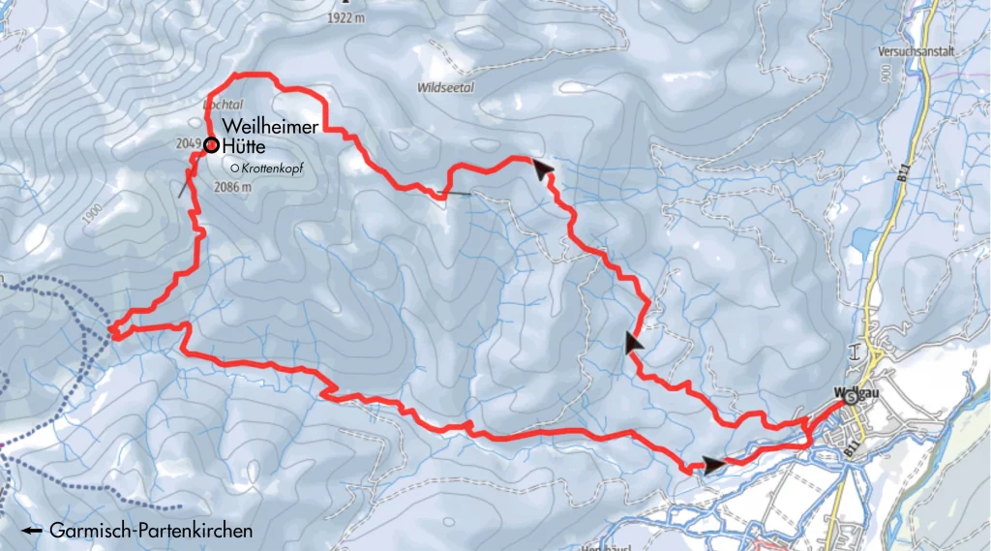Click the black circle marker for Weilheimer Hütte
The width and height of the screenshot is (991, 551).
tap(210, 144)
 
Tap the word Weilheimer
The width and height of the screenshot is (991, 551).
tap(271, 127)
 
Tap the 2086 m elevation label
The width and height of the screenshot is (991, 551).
tap(232, 187)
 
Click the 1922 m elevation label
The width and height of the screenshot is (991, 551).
tap(346, 16)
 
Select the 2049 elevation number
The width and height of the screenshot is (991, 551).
tap(189, 144)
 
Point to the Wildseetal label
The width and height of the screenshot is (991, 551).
tap(443, 86)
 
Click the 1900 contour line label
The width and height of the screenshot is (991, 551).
tap(92, 214)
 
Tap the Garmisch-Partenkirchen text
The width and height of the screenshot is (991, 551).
tap(151, 531)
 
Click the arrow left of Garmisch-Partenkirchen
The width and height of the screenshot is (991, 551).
tap(32, 532)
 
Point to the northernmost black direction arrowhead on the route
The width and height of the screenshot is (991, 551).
tap(544, 169)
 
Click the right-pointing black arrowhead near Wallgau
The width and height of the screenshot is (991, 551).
tap(713, 466)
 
